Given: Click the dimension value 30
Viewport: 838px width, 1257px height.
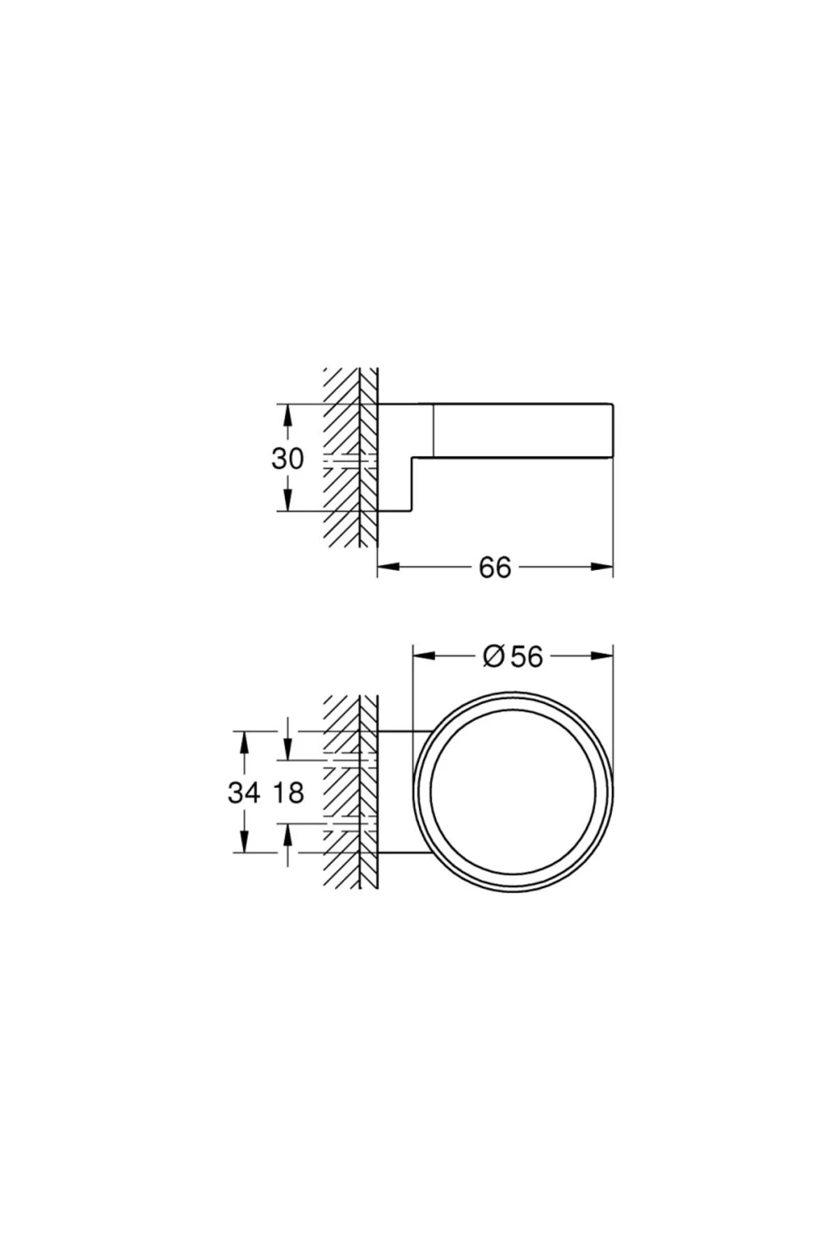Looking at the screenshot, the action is (x=288, y=459).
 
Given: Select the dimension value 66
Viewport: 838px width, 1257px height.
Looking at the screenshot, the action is (x=495, y=568).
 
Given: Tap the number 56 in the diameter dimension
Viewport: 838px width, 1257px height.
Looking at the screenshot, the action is (x=527, y=656).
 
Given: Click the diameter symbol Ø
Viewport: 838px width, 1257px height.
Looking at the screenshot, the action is (x=494, y=656).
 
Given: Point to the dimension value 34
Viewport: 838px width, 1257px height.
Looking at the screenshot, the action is (x=244, y=793).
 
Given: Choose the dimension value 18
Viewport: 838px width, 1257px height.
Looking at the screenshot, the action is (x=288, y=793).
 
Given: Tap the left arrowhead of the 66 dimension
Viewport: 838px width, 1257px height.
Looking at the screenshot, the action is (x=389, y=567).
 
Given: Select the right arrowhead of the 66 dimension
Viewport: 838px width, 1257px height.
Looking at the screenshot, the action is (x=601, y=567).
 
